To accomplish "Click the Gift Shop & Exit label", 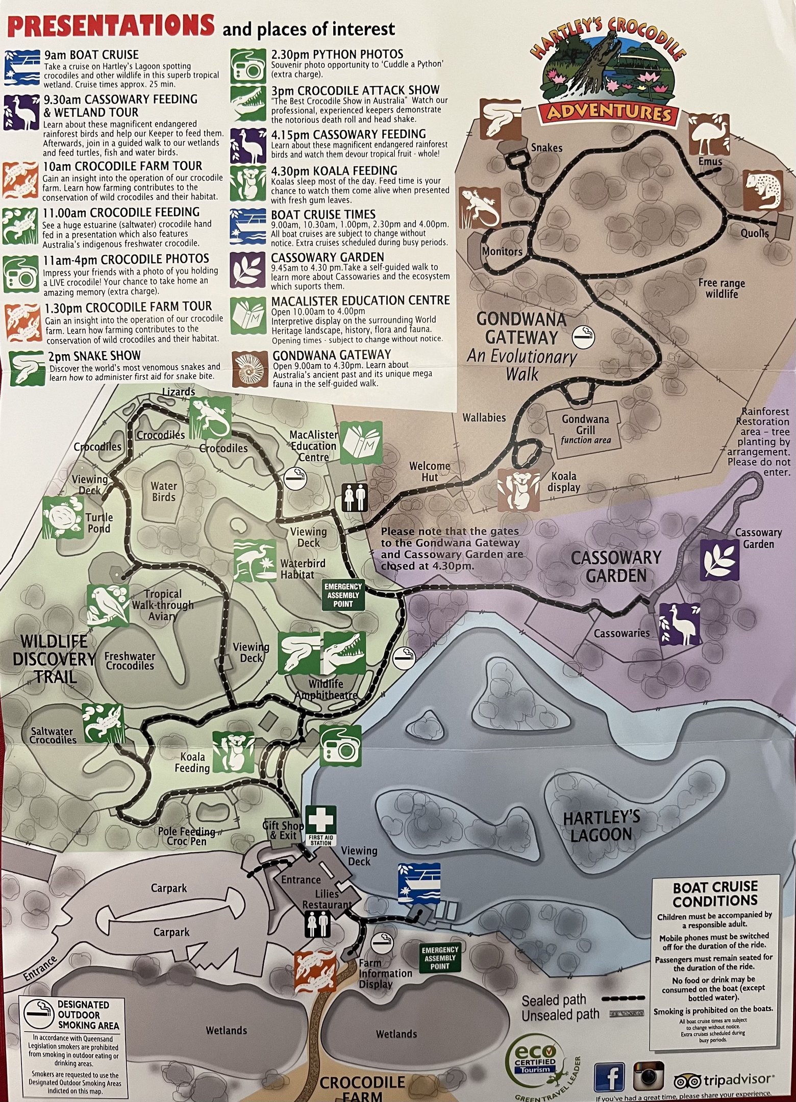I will coord(283,830).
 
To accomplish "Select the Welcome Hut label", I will coord(430,471).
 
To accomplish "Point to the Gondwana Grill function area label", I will coord(585,429).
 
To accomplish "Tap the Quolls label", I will coord(754,233).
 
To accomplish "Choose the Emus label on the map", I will coord(710,161).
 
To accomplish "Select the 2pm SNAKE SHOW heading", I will coord(94,356).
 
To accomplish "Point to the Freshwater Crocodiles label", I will coord(130,661).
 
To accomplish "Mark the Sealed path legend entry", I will coord(554,999).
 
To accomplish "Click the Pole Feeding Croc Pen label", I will coord(186,836).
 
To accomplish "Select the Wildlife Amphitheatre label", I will coord(326,689).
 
